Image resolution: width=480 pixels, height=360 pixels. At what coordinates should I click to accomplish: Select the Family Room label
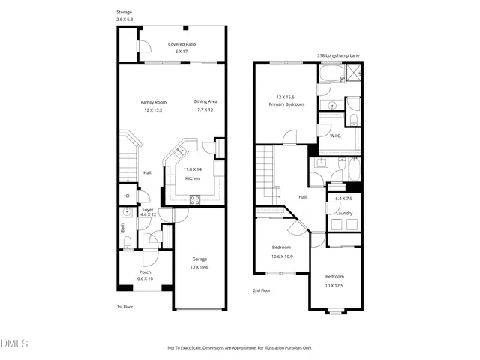(154, 102)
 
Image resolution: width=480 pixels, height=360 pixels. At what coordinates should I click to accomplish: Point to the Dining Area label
(205, 102)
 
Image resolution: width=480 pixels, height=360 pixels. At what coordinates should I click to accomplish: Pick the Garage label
(199, 259)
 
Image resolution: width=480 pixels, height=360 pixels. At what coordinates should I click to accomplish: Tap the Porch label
(145, 271)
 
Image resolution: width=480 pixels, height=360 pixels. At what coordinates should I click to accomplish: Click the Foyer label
(148, 210)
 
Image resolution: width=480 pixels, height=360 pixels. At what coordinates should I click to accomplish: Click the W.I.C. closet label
(336, 136)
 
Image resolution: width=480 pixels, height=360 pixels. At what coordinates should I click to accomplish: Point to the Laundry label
(344, 213)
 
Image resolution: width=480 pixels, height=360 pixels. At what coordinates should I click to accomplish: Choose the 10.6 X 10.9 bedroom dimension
(281, 256)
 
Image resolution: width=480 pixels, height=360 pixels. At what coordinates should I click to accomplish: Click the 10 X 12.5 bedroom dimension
(335, 285)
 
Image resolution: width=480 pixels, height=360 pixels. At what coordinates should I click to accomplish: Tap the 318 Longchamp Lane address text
(337, 55)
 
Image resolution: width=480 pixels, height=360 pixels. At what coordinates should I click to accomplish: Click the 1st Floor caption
(124, 307)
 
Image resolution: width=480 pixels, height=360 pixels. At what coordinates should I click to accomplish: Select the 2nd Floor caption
(262, 289)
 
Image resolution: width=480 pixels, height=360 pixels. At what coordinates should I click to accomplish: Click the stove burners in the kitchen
(194, 199)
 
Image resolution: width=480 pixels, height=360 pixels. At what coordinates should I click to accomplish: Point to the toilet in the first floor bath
(127, 241)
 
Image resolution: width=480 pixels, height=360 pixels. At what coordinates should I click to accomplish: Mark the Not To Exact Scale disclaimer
(239, 347)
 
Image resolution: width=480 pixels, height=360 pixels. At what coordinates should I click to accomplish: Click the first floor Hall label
(148, 173)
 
